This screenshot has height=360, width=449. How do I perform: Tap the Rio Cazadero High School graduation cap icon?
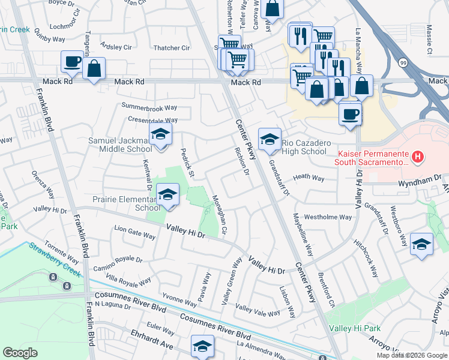point(270,139)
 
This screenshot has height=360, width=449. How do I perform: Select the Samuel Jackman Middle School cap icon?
point(160,134)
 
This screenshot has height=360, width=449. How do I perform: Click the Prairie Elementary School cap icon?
point(167,194)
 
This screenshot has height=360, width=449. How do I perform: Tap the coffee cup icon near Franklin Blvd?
point(72,61)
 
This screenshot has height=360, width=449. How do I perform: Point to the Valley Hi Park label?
point(355,329)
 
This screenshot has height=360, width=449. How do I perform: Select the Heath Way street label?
point(309,178)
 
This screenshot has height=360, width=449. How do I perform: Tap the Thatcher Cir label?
point(172,48)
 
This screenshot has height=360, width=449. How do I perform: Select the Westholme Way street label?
point(328,217)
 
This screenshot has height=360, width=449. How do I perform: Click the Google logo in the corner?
point(20,353)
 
